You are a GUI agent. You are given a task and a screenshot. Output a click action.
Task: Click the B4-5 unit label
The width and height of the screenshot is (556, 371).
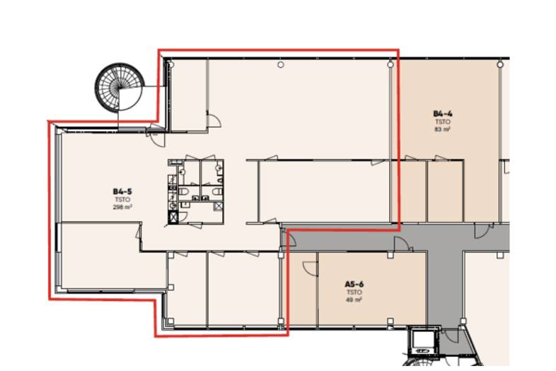coord(122,192)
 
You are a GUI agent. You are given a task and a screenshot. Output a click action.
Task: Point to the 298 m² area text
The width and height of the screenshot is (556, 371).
coord(122,207)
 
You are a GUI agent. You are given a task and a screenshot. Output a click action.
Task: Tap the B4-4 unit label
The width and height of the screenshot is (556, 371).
coord(443,113)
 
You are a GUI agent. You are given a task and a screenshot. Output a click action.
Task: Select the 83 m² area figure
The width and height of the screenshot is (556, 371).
coord(443,130)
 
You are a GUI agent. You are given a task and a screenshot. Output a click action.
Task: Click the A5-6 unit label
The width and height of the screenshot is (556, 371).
coord(354,284)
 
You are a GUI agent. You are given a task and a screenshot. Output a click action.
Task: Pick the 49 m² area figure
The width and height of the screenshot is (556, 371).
coord(354,299)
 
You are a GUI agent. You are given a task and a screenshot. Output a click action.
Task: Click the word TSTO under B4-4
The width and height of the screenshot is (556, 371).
coord(443,122)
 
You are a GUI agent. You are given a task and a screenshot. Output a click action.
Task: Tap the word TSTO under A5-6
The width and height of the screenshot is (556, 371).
coord(354,292)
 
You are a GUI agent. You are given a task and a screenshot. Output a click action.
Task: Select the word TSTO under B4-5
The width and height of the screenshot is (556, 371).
coord(122,200)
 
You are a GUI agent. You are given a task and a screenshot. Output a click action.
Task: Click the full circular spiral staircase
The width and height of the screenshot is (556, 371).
coord(120,88)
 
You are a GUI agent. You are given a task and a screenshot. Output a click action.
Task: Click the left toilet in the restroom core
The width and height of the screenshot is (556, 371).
coord(185,192)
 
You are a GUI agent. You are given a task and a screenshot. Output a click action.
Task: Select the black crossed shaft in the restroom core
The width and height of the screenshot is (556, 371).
coord(173,217)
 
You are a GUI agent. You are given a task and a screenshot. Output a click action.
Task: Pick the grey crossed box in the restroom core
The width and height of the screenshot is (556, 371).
coord(219,206)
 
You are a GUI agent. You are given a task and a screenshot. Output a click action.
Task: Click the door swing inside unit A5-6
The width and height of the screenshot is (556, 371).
coord(309,268)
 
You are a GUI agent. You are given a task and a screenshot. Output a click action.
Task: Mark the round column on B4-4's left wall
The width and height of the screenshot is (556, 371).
coord(390,64)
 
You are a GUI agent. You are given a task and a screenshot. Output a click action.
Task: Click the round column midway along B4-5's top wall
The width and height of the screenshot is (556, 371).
coord(281,64)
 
